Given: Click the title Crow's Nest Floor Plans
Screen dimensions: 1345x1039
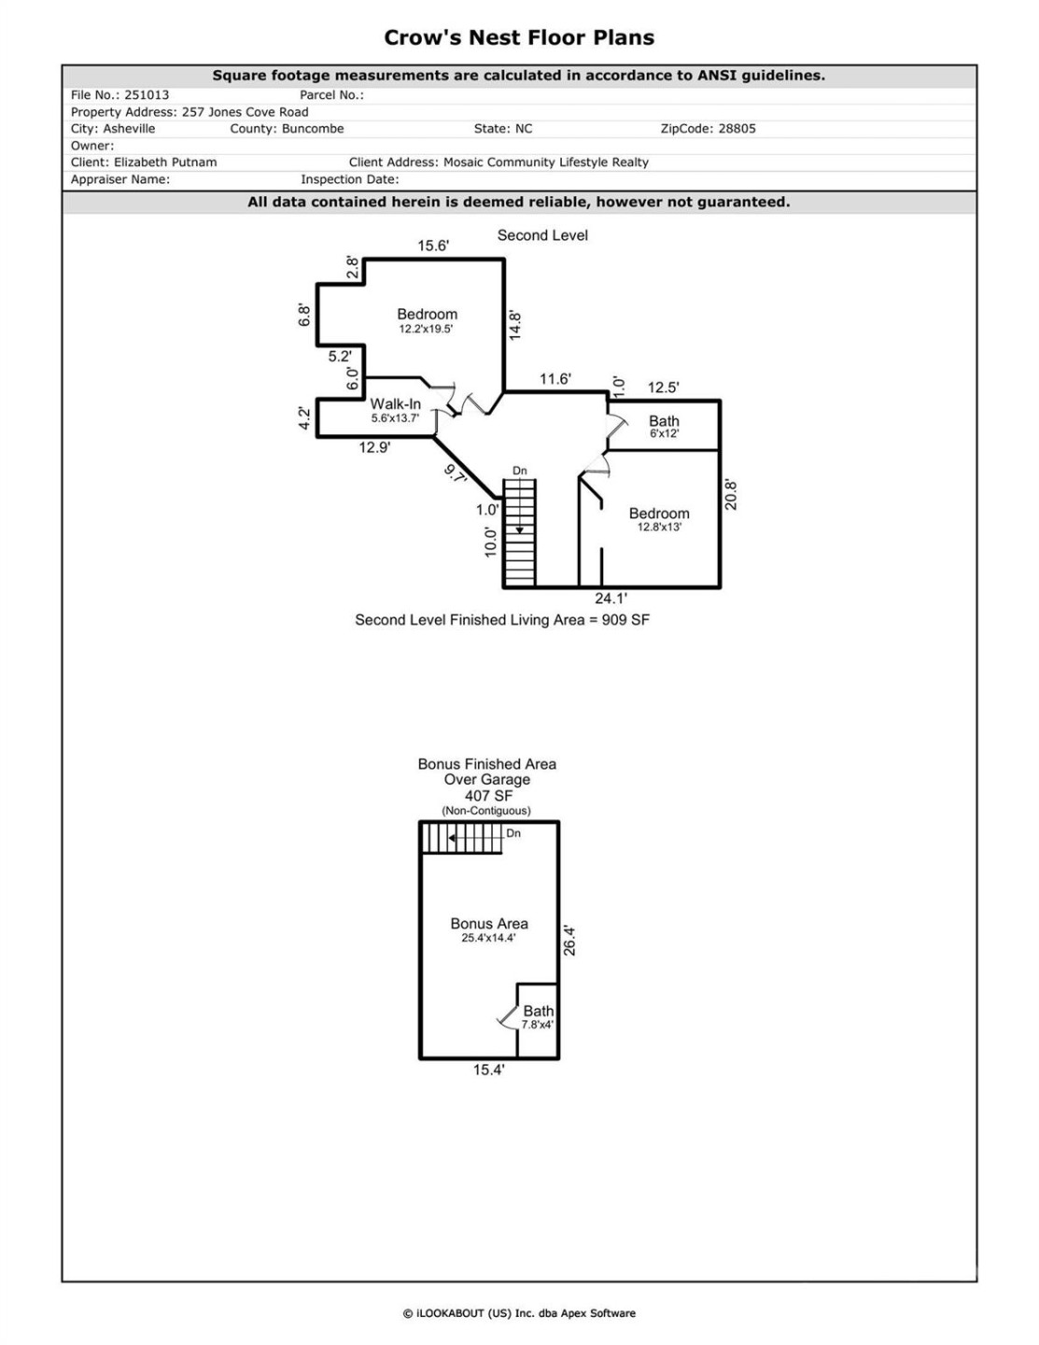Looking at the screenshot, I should point(519,38).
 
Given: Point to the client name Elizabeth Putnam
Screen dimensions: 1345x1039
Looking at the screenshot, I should point(165,163).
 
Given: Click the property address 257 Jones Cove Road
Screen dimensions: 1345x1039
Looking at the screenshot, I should point(245,112).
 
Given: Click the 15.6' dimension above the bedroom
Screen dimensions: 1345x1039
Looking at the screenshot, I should point(433,246).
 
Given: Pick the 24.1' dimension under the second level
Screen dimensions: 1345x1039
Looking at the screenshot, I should point(611,599).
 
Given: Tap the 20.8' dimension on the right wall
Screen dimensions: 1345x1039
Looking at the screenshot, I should point(731,495).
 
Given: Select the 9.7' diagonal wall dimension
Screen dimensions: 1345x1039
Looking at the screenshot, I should point(456,474).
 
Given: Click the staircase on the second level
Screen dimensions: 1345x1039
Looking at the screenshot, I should point(520,532).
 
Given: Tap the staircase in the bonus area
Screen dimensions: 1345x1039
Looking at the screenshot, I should point(462,838).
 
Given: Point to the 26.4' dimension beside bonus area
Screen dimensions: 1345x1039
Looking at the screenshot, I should point(569,941).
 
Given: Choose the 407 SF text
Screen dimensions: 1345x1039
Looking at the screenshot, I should point(488,796).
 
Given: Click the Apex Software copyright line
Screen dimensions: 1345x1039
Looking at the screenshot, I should point(519,1313).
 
